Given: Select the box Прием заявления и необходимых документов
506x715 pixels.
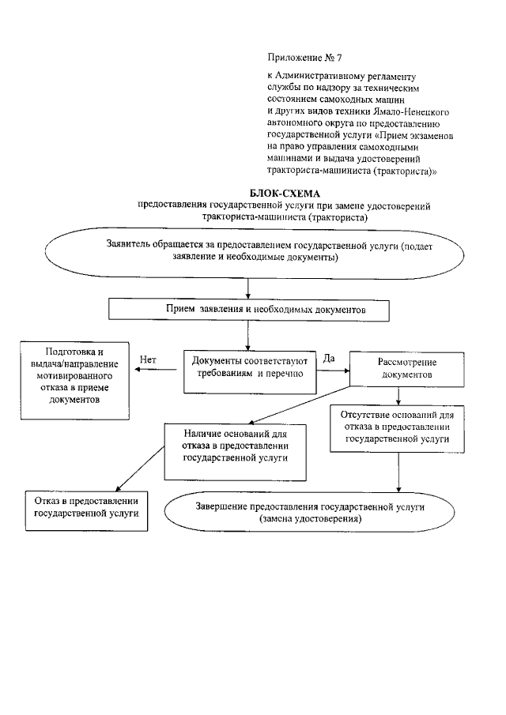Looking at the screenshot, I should coord(250,310).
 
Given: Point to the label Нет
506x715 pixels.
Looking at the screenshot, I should coord(148,359).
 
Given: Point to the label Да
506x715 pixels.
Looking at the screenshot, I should coord(330,358).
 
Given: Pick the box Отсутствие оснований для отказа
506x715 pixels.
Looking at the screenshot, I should coord(395,427).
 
